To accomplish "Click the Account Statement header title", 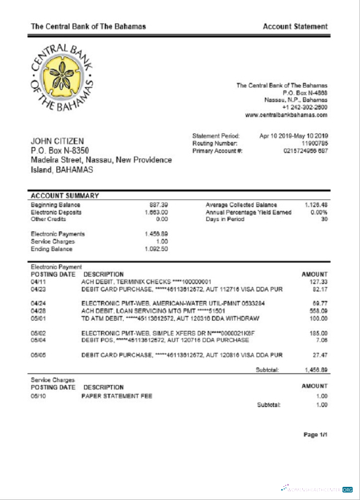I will point(296,26).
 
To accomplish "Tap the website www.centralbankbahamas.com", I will point(286,115).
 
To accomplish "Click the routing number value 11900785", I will point(312,144).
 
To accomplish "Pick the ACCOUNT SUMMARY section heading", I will point(62,196).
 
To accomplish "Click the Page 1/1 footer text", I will point(315,435).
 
